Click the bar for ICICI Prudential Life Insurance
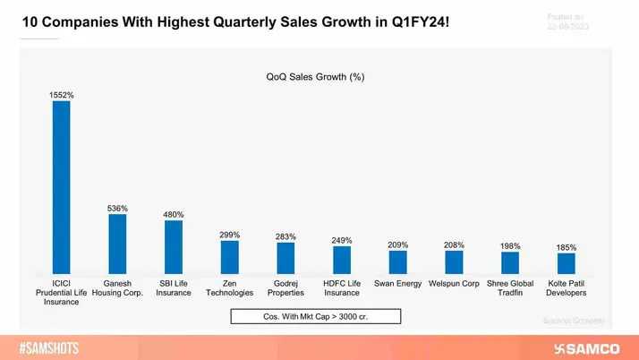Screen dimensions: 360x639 pyautogui.click(x=61, y=187)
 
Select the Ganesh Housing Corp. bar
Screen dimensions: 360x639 pyautogui.click(x=117, y=244)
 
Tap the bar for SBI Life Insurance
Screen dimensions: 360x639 pyautogui.click(x=174, y=247)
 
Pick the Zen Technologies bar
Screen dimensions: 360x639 pyautogui.click(x=230, y=257)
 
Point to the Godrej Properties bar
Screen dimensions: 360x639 pyautogui.click(x=285, y=258)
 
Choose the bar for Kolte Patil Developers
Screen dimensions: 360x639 pyautogui.click(x=567, y=263)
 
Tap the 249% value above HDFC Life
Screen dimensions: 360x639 pyautogui.click(x=342, y=240)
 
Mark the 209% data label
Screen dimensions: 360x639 pyautogui.click(x=398, y=244)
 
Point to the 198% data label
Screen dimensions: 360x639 pyautogui.click(x=510, y=245)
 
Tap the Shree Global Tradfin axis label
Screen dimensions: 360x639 pyautogui.click(x=510, y=287)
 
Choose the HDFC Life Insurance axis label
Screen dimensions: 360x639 pyautogui.click(x=342, y=287)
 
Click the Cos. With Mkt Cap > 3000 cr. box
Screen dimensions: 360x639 pyautogui.click(x=315, y=316)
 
